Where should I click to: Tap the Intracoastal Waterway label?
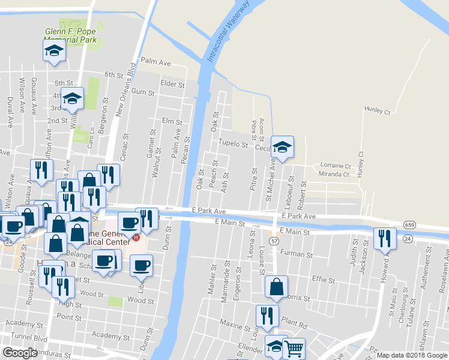pos(228,32)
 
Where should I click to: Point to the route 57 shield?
pos(274,240)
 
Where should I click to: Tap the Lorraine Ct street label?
pos(336,166)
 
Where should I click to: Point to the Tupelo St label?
pos(234,145)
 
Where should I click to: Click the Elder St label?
pos(172,84)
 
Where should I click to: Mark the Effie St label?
pos(323,279)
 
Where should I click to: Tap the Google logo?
pos(20,353)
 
